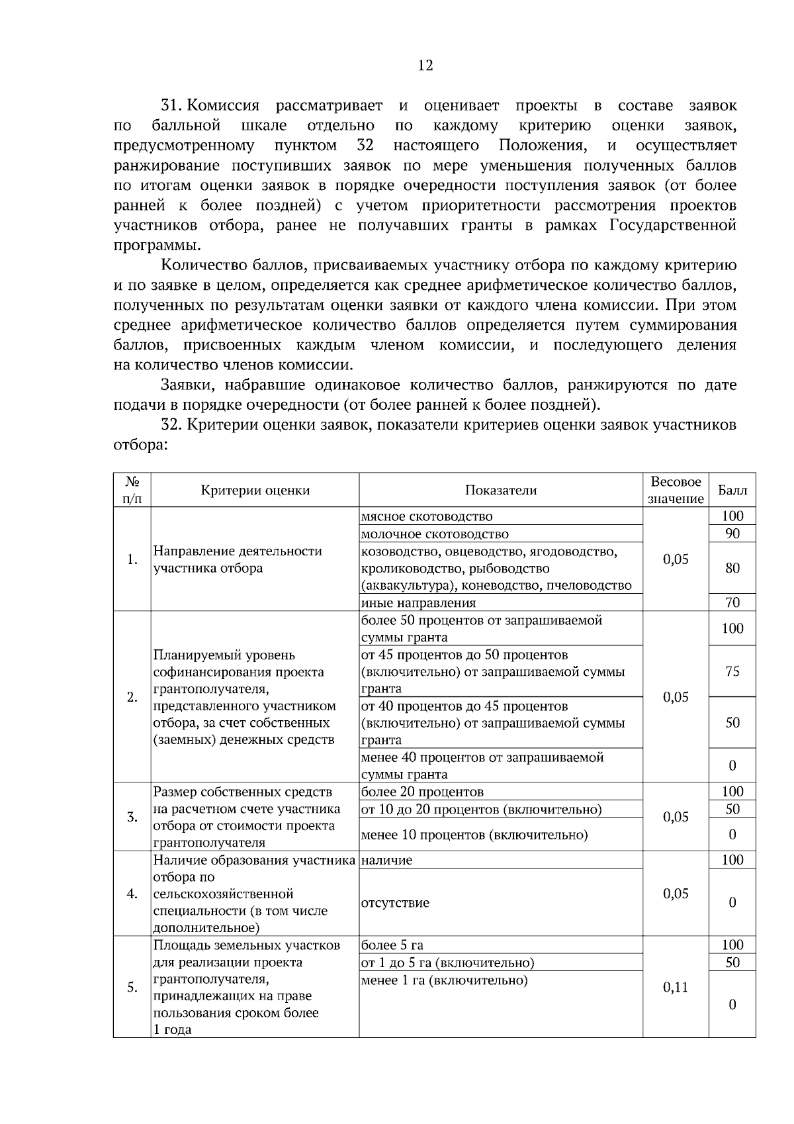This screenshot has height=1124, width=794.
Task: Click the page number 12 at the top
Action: (425, 66)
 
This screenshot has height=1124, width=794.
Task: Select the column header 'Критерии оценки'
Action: (255, 491)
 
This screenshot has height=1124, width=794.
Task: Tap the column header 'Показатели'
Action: (501, 491)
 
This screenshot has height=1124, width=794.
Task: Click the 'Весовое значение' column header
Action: (676, 491)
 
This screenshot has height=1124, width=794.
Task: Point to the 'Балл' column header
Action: (732, 491)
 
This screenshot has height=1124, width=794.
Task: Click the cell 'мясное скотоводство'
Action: (427, 516)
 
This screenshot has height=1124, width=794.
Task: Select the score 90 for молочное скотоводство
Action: (732, 534)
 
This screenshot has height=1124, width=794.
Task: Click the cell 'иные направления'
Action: (418, 602)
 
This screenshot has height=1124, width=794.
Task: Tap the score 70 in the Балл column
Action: (732, 602)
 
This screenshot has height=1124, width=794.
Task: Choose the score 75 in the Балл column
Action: (732, 671)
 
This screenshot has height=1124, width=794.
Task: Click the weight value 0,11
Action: (676, 987)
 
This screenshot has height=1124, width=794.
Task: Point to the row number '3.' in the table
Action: (132, 817)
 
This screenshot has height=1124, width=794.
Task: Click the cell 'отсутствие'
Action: (395, 903)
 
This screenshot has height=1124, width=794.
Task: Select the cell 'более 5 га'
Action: (392, 945)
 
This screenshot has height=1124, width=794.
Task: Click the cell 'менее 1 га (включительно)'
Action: (444, 980)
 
